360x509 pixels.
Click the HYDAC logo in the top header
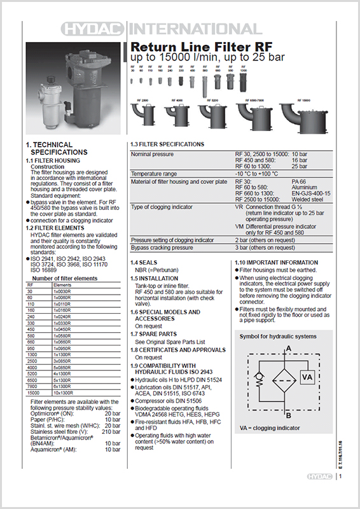pos(93,28)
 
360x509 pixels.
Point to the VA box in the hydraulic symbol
pos(307,377)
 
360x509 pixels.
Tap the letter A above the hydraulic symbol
pos(289,349)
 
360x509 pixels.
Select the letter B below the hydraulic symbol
pos(289,415)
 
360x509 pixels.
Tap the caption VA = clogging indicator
pos(270,428)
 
